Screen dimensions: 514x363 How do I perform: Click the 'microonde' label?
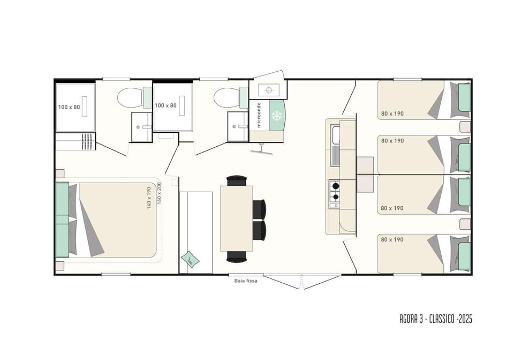pos(259,115)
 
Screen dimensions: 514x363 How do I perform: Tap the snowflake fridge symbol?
pos(277,115)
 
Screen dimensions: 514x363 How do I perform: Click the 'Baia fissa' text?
pos(246,281)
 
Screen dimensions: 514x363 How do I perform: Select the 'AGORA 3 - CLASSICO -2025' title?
pos(436,319)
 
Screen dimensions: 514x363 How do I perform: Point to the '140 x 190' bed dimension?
pos(149,198)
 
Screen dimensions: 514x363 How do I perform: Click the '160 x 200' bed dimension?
pos(160,193)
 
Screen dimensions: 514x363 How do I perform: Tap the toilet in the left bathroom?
pos(134,97)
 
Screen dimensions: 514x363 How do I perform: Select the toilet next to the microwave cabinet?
pos(231,97)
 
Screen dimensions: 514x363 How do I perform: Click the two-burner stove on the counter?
pos(335,194)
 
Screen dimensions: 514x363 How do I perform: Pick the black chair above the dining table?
pos(236,180)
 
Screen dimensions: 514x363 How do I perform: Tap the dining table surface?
pos(236,218)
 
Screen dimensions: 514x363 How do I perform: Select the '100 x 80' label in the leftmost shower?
pos(69,107)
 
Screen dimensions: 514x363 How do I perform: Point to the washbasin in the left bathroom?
pos(141,127)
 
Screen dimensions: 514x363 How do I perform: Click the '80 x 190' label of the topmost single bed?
pos(392,114)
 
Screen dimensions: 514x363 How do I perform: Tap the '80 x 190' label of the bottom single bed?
pos(392,240)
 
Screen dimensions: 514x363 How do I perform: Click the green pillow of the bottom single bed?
pos(464,256)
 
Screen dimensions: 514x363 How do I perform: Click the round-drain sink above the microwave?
pos(269,89)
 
